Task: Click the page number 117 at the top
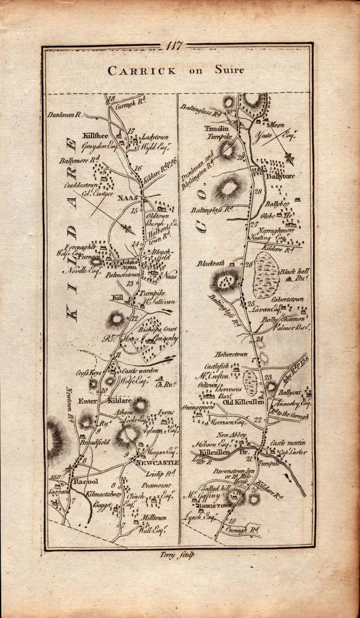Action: tap(175, 46)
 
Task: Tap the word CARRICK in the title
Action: tap(134, 71)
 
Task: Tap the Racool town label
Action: tap(84, 482)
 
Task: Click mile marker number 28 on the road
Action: tap(259, 192)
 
